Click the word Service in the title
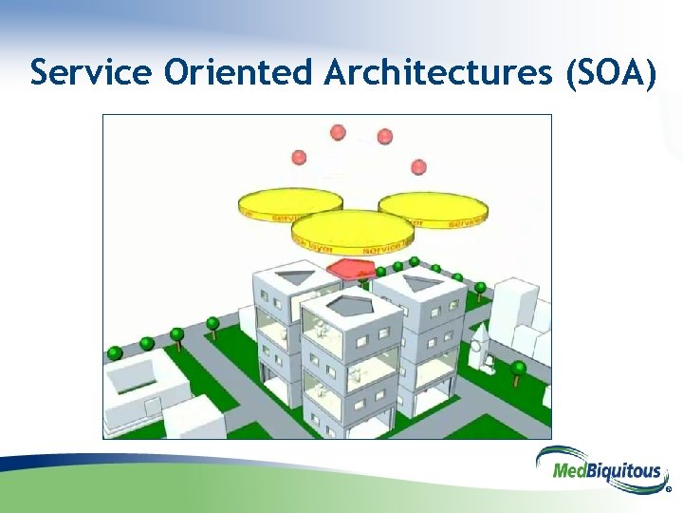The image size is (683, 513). click(x=90, y=72)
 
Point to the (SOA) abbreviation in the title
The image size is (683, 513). click(x=608, y=72)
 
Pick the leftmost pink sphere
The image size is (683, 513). click(x=300, y=157)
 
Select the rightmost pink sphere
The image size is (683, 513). click(x=418, y=167)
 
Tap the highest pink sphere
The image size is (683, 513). click(x=338, y=132)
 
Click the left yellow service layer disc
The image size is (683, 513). click(x=289, y=203)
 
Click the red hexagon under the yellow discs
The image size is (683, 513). click(x=352, y=269)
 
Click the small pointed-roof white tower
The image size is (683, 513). click(x=479, y=348)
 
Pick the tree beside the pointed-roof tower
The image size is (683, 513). click(x=518, y=369)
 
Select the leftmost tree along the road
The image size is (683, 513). click(x=115, y=353)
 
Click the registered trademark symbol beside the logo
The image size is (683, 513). click(x=668, y=491)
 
